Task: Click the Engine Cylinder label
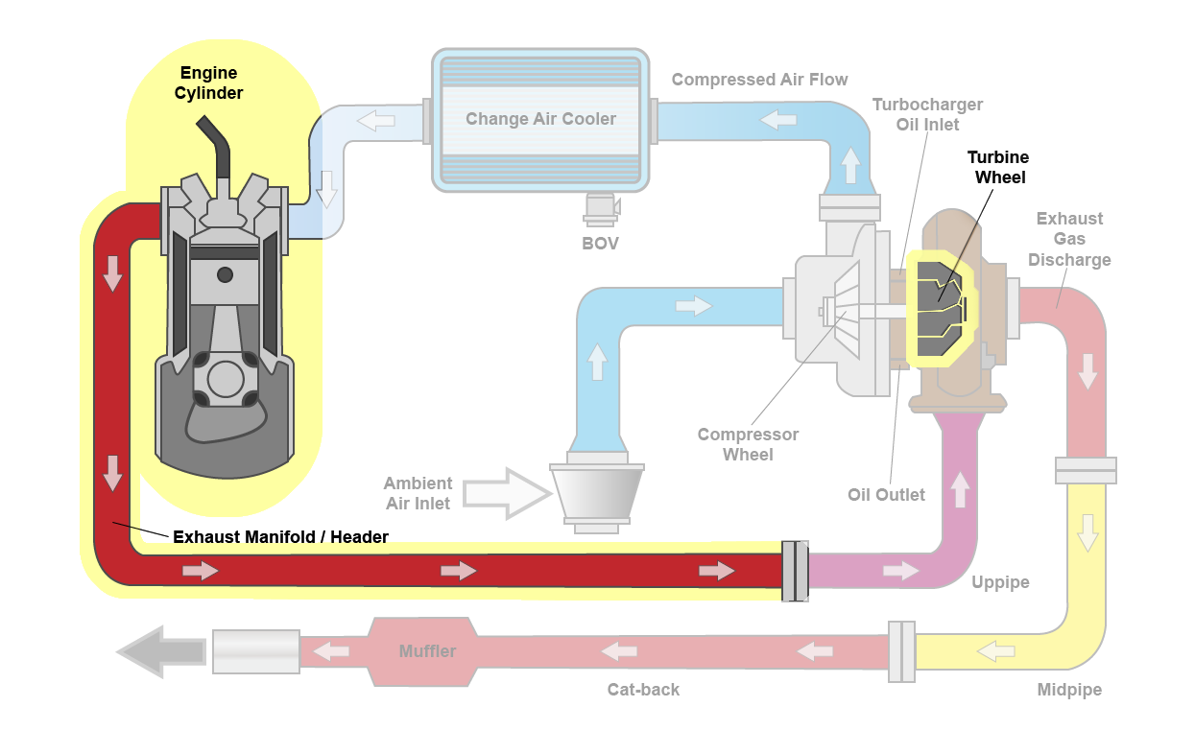pyautogui.click(x=208, y=83)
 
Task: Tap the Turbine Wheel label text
pyautogui.click(x=997, y=167)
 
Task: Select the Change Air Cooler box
pyautogui.click(x=540, y=119)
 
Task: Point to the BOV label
pyautogui.click(x=600, y=244)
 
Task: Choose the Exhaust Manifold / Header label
pyautogui.click(x=280, y=537)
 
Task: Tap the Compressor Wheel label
pyautogui.click(x=748, y=444)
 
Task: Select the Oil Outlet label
pyautogui.click(x=886, y=495)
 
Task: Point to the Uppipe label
pyautogui.click(x=999, y=582)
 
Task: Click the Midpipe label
pyautogui.click(x=1069, y=690)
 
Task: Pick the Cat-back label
pyautogui.click(x=643, y=690)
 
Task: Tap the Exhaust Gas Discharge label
pyautogui.click(x=1069, y=239)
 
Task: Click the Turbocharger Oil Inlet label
pyautogui.click(x=927, y=114)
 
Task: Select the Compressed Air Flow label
pyautogui.click(x=759, y=80)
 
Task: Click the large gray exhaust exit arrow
pyautogui.click(x=160, y=652)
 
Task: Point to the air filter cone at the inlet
pyautogui.click(x=596, y=491)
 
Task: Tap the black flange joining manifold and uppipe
pyautogui.click(x=795, y=571)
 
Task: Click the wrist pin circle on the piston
pyautogui.click(x=225, y=275)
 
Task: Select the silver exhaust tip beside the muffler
pyautogui.click(x=255, y=652)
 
